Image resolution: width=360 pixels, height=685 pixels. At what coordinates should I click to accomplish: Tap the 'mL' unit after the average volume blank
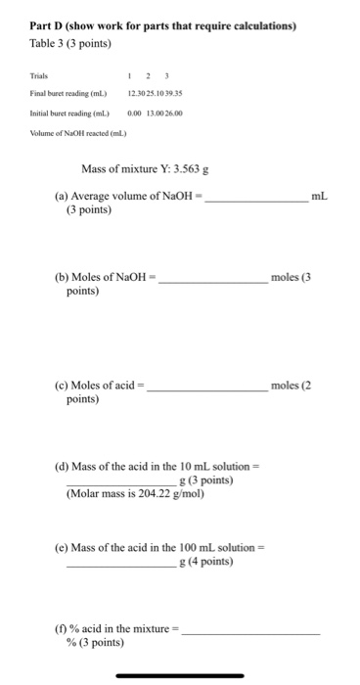(x=319, y=197)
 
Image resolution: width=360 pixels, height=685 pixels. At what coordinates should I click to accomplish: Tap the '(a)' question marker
(x=62, y=198)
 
